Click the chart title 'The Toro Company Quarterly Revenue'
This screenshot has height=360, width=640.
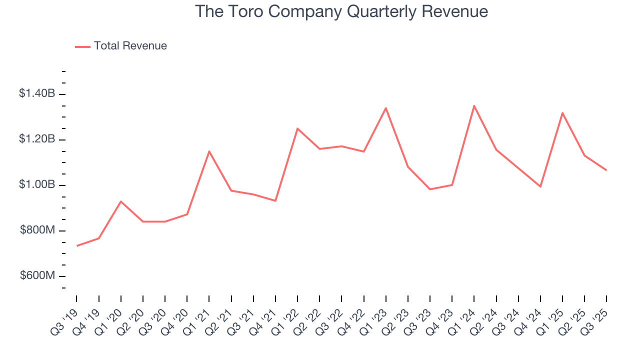click(341, 11)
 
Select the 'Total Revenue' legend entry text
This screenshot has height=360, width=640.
click(130, 46)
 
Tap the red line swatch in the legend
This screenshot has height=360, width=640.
click(82, 46)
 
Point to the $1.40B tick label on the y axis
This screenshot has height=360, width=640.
click(37, 94)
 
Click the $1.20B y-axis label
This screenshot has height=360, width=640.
click(37, 139)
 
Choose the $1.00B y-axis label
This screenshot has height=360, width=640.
click(37, 185)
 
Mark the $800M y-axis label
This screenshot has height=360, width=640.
click(37, 230)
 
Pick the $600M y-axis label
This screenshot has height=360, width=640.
click(37, 276)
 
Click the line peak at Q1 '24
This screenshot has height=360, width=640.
click(474, 105)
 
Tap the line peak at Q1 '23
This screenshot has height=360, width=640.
click(386, 108)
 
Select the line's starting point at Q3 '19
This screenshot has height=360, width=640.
click(77, 246)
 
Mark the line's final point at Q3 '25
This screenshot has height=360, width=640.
click(606, 170)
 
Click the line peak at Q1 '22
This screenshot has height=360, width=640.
click(297, 128)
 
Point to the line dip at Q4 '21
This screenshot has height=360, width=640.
click(275, 201)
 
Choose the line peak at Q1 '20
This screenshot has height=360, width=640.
click(121, 201)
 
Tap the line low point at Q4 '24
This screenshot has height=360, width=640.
click(540, 186)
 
